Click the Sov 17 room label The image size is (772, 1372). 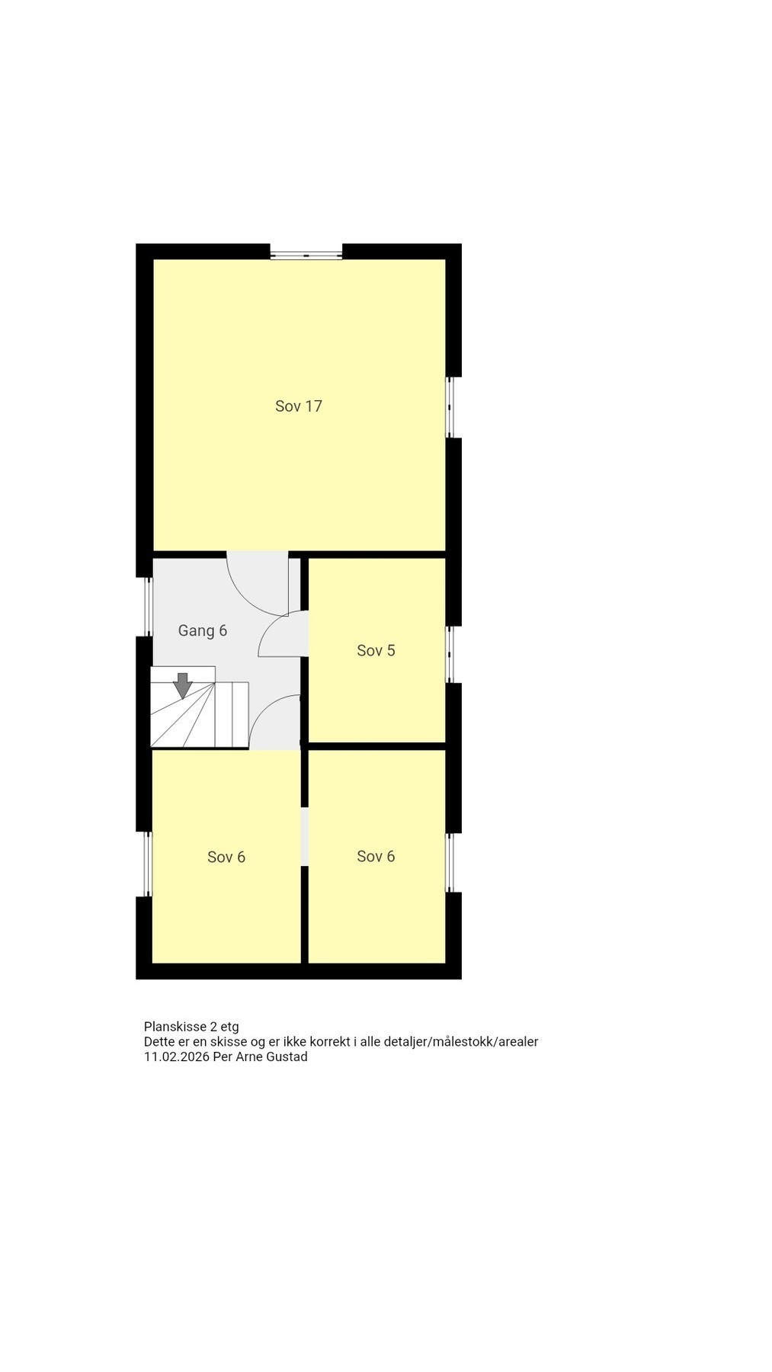(298, 406)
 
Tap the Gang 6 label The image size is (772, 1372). (202, 630)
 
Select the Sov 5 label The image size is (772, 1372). (376, 650)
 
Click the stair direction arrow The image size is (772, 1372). (182, 685)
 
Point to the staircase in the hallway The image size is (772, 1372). (200, 713)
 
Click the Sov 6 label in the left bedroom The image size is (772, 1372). (226, 857)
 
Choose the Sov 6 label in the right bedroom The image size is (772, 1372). (376, 856)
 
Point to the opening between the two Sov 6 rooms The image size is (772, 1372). (305, 835)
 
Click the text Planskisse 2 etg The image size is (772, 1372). (191, 1027)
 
